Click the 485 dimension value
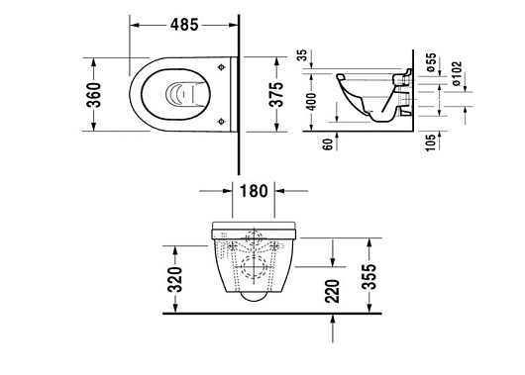pyautogui.click(x=184, y=25)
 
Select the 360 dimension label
pyautogui.click(x=94, y=95)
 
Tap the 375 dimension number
pyautogui.click(x=276, y=94)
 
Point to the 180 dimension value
pyautogui.click(x=254, y=191)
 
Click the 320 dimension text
pyautogui.click(x=175, y=280)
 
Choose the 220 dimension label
pyautogui.click(x=333, y=291)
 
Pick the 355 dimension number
pyautogui.click(x=369, y=276)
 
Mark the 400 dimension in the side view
pyautogui.click(x=311, y=102)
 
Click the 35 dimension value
pyautogui.click(x=302, y=54)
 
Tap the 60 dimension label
pyautogui.click(x=329, y=144)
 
